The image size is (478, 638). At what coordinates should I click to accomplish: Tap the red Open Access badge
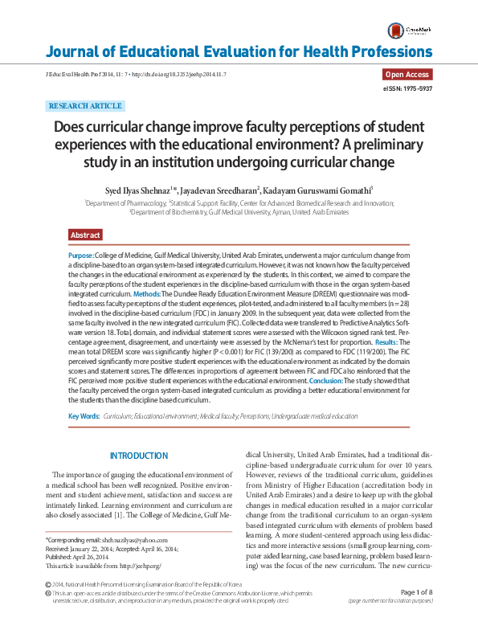pyautogui.click(x=408, y=75)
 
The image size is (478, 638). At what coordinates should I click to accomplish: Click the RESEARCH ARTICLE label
pyautogui.click(x=85, y=106)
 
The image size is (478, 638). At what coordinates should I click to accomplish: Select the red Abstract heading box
pyautogui.click(x=85, y=235)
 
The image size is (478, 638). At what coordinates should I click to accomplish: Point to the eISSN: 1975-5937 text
pyautogui.click(x=408, y=88)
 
